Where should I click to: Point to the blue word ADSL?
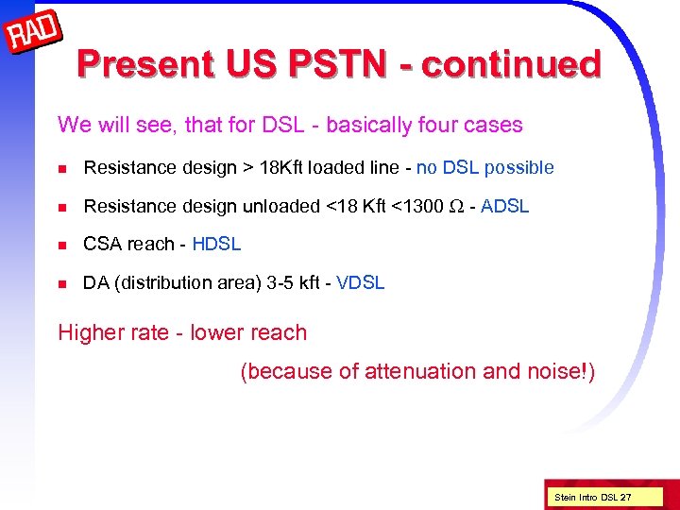(x=504, y=206)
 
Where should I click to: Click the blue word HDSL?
(x=216, y=244)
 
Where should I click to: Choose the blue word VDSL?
(x=360, y=282)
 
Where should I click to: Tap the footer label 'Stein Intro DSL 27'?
(x=593, y=497)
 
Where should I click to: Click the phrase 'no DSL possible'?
(x=484, y=168)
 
